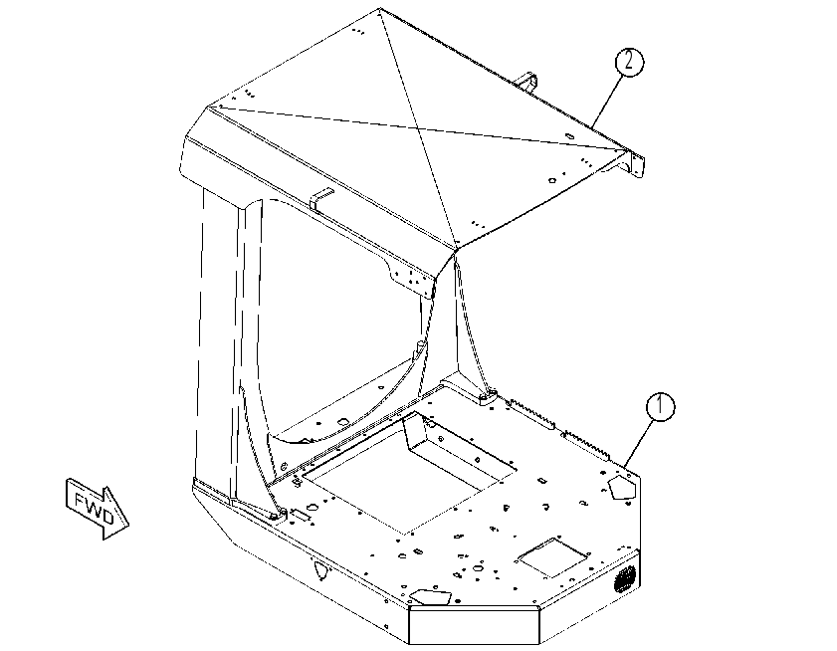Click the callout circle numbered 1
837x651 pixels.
[x=660, y=406]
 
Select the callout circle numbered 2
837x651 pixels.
[x=629, y=62]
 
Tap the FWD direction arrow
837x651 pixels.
[x=98, y=509]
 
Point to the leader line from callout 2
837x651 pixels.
[x=607, y=102]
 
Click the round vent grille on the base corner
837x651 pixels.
[x=625, y=578]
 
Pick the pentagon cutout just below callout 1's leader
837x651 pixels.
[x=622, y=487]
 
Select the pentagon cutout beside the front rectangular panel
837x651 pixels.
[x=430, y=596]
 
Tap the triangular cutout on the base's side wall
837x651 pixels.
[x=320, y=570]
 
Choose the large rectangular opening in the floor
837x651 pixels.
[x=409, y=472]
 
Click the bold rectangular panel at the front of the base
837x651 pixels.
[x=474, y=625]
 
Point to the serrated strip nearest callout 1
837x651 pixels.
[x=587, y=444]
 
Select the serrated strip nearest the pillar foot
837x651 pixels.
[x=531, y=413]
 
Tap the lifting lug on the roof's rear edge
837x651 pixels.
[x=526, y=83]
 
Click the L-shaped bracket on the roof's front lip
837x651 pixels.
[x=321, y=199]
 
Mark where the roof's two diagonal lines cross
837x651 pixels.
[x=417, y=128]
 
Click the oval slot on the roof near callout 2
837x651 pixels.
[x=569, y=136]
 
